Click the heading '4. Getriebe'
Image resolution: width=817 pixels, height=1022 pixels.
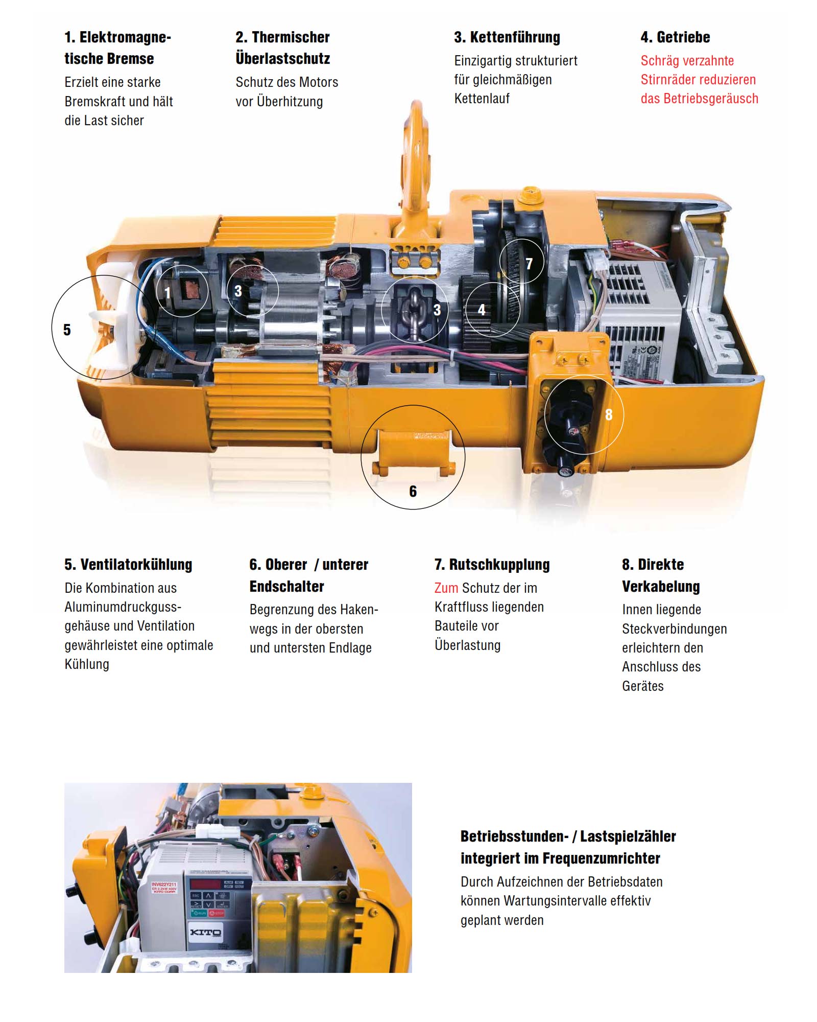675,37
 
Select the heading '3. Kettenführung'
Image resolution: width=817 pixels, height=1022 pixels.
507,37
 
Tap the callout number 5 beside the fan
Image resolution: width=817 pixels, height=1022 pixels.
67,330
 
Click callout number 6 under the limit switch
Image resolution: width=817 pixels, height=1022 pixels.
413,492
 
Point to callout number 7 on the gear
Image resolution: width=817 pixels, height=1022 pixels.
529,264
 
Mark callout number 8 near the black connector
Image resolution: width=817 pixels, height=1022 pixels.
608,414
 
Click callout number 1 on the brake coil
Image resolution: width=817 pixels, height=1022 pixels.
167,293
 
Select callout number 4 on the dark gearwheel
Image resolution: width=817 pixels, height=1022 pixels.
481,310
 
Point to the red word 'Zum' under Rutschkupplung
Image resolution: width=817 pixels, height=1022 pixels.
446,588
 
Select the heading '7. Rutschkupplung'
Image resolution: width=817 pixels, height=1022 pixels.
492,565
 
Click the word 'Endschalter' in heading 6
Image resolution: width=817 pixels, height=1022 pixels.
286,587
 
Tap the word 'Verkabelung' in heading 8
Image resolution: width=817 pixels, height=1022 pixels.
660,587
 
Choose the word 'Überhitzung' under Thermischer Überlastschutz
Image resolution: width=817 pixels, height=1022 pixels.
290,102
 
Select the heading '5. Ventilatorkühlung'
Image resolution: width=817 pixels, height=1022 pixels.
128,565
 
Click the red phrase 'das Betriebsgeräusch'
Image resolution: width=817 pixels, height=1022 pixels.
699,99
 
